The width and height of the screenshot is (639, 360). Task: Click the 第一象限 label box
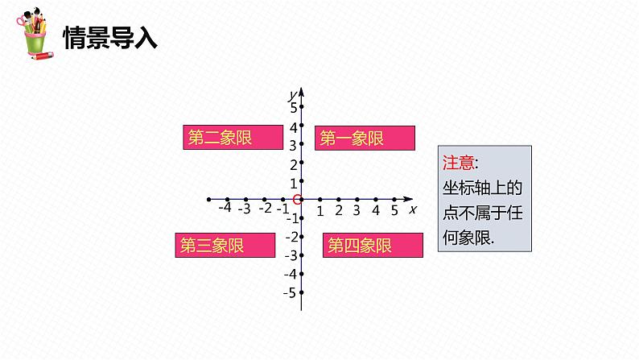point(365,138)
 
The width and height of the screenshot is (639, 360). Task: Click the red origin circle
point(298,199)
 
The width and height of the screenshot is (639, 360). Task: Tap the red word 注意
point(459,162)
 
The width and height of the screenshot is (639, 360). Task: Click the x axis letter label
point(412,209)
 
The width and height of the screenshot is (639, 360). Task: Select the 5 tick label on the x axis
point(394,210)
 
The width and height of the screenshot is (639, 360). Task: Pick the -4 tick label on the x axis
point(225,208)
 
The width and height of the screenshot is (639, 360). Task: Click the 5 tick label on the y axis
point(293,106)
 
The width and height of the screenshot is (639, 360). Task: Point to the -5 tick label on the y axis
point(290,292)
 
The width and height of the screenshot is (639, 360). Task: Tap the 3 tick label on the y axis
point(293,145)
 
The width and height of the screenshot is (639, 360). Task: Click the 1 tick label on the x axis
point(319,211)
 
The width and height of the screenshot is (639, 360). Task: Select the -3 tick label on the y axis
point(290,254)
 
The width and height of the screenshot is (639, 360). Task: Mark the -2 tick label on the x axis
point(265,209)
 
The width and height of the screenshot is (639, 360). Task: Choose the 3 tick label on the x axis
point(357,211)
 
